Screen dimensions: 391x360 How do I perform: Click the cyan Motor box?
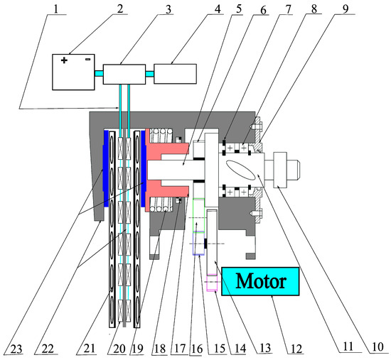click(260, 281)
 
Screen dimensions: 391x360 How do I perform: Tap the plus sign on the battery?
click(64, 60)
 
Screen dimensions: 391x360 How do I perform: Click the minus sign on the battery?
click(87, 59)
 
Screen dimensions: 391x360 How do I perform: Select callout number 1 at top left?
click(56, 9)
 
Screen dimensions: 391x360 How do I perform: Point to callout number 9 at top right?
click(346, 9)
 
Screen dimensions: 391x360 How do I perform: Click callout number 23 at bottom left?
click(17, 349)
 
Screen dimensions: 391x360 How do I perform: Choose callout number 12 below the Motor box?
click(296, 349)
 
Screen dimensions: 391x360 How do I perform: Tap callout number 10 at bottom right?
click(377, 347)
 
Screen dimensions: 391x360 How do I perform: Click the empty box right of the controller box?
click(175, 74)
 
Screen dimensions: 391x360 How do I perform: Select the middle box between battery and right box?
click(124, 75)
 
